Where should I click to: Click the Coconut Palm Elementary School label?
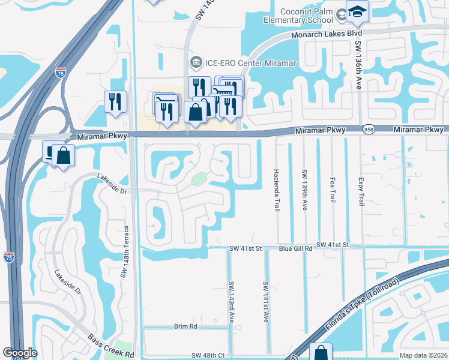[305, 15]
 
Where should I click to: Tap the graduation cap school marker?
[357, 12]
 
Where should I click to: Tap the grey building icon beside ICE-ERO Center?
[196, 62]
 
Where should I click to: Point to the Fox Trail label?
[332, 190]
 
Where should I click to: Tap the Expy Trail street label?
[361, 191]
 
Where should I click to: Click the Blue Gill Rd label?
[296, 248]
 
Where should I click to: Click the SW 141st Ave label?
[265, 302]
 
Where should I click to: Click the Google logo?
[19, 353]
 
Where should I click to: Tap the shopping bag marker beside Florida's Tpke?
[322, 353]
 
